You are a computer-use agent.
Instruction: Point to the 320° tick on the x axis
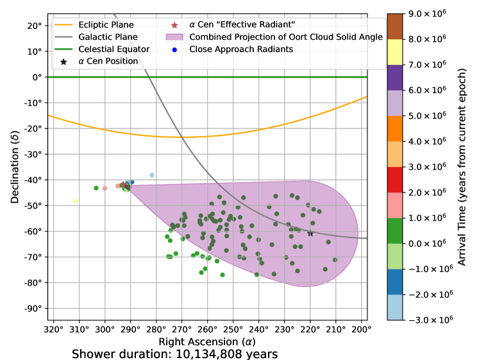tap(53, 329)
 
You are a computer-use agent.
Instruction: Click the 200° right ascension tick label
tap(361, 329)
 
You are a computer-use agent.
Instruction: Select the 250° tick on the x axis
tap(233, 329)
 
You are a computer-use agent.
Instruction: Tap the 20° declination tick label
tap(35, 26)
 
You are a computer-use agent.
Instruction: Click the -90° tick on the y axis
tap(32, 308)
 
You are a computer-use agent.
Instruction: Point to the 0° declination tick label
tap(37, 78)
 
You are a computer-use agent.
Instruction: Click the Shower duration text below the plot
tap(174, 354)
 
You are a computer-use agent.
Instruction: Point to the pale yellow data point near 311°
tap(76, 201)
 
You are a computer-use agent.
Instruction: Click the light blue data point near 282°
tap(152, 175)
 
